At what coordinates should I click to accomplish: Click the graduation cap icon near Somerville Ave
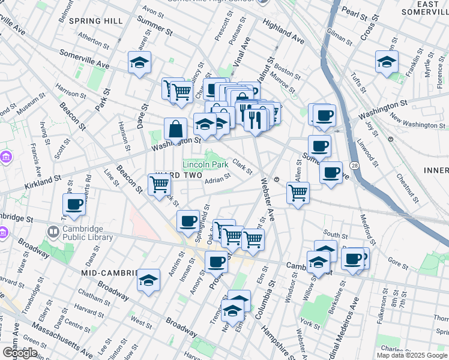tap(139, 62)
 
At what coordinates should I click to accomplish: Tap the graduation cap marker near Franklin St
tap(387, 62)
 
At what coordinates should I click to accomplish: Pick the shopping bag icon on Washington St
tap(175, 129)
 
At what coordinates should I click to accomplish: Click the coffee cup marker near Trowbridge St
tap(74, 205)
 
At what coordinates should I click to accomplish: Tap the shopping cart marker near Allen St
tap(298, 193)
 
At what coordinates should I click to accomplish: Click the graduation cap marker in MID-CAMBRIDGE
tap(148, 280)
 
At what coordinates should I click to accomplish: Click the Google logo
tap(19, 353)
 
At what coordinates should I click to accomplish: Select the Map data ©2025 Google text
tap(412, 355)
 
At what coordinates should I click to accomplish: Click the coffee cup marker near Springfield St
tap(188, 220)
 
